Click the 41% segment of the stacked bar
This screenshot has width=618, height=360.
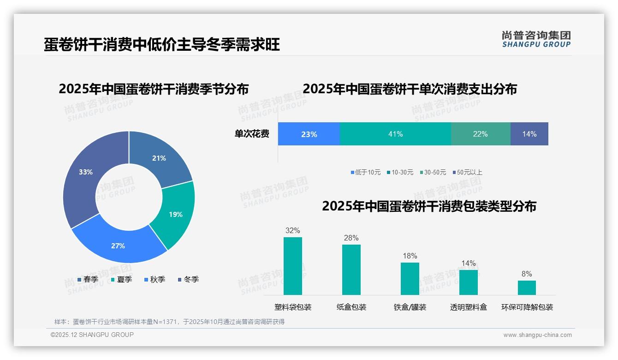tap(395, 134)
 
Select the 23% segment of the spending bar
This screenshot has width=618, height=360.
tap(309, 134)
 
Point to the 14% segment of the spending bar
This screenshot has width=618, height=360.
tap(529, 134)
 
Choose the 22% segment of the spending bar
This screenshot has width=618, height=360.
tap(480, 134)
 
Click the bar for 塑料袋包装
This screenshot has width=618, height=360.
tap(293, 266)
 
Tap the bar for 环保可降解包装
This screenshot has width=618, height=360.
tap(527, 288)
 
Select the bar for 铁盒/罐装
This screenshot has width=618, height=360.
tap(410, 278)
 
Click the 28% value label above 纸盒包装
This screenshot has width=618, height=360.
tap(351, 238)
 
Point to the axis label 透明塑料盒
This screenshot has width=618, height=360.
tap(468, 307)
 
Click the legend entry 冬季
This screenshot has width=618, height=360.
tap(189, 279)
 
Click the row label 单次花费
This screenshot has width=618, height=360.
tap(252, 134)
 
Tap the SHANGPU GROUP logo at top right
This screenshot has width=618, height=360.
tap(536, 39)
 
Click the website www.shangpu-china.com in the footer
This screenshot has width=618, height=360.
tap(537, 335)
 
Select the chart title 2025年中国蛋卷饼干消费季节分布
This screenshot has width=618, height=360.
tap(154, 89)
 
